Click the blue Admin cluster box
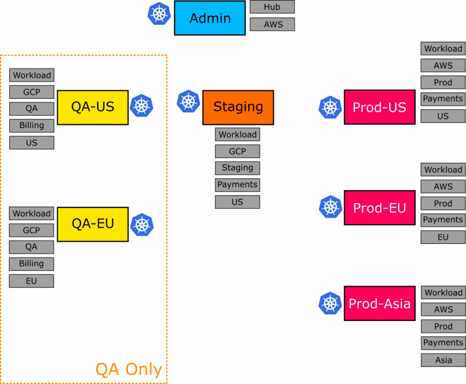210,18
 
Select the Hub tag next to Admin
272,7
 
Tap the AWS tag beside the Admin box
272,25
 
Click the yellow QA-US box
93,107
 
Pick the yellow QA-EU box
93,224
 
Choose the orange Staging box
238,107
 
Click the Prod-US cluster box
380,107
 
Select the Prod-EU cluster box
380,208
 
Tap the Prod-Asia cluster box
380,303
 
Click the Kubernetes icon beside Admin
159,14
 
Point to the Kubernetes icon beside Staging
188,101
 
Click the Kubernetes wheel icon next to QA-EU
142,225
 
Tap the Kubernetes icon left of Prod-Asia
330,303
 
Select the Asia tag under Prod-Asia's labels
443,360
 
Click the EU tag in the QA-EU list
31,281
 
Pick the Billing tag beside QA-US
31,126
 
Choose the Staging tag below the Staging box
237,168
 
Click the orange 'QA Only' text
129,369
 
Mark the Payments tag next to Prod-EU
443,220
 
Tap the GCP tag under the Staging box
237,152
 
